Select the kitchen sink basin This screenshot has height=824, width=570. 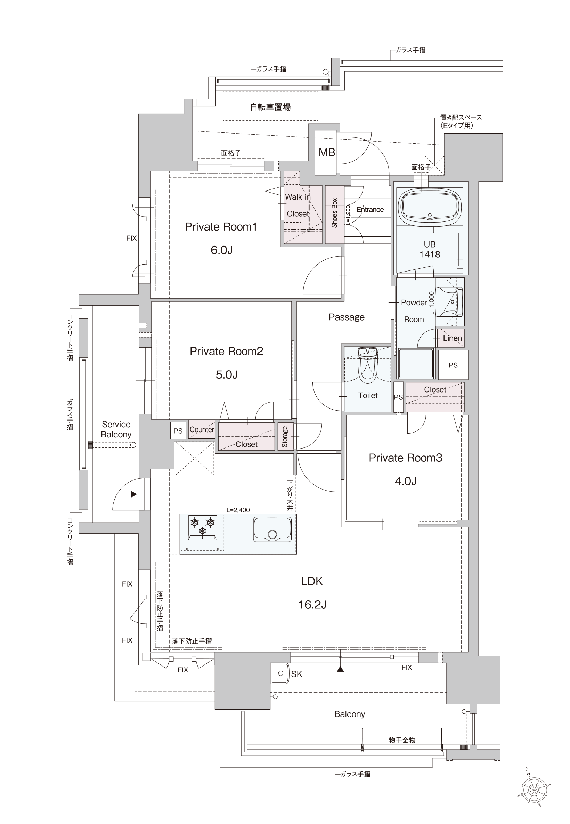[272, 529]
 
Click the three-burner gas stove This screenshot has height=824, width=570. [203, 527]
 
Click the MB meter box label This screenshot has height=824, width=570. [327, 153]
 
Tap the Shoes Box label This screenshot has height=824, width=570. [335, 213]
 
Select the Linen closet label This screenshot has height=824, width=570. [452, 338]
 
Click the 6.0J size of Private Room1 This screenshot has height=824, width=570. [221, 250]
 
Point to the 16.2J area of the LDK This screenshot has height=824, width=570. [312, 605]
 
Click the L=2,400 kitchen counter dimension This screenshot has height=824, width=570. [238, 510]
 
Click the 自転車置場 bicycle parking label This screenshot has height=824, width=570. [270, 107]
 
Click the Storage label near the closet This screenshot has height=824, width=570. [285, 436]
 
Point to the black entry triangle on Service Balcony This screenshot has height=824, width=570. [133, 494]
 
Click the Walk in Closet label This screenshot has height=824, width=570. [298, 205]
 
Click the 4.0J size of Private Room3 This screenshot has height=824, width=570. [405, 481]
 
